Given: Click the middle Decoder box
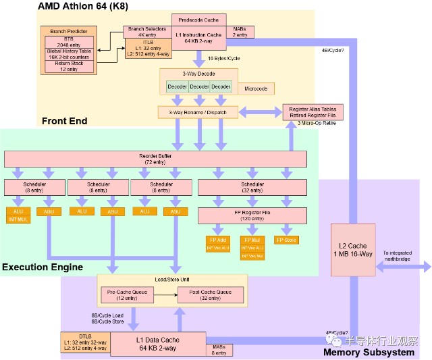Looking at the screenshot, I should click(199, 87).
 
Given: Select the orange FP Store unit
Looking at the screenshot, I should click(286, 240).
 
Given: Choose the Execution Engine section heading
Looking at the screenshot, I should click(43, 267).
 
